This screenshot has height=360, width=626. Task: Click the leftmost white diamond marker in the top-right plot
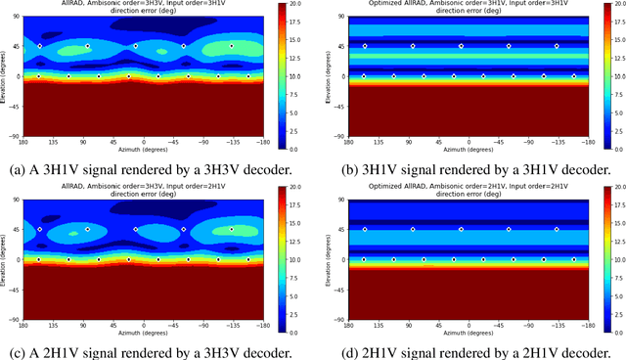coord(365,46)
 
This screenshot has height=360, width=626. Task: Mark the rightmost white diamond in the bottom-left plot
coord(232,256)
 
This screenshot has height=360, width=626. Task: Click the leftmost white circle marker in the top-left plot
coord(38,75)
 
